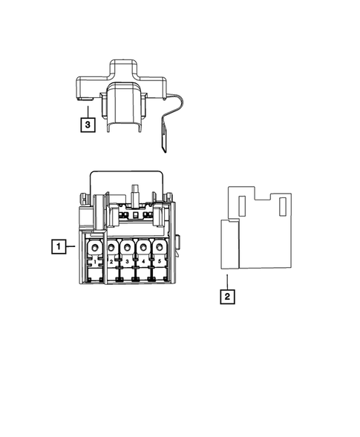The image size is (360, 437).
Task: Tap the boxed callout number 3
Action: click(88, 124)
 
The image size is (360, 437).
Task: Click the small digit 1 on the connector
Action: click(95, 262)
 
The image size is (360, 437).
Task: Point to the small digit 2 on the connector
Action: click(111, 263)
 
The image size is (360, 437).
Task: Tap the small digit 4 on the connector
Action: click(143, 262)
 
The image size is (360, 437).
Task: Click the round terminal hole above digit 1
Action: click(95, 247)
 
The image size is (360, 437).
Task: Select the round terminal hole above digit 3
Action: click(127, 247)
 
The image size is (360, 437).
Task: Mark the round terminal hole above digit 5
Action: click(159, 247)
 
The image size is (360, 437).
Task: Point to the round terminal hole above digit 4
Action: click(143, 247)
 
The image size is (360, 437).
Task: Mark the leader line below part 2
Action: click(228, 280)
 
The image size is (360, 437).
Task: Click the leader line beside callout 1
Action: click(71, 245)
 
